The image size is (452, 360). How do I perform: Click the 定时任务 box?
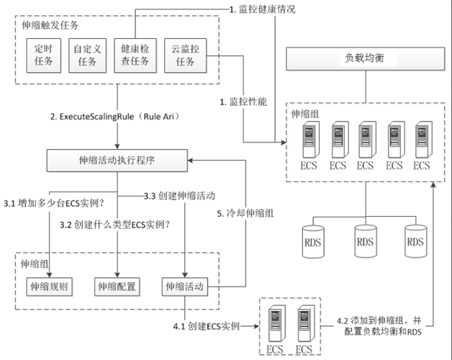coord(44,55)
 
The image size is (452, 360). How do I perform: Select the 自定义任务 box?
coord(88,55)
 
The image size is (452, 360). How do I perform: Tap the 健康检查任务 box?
coord(134,55)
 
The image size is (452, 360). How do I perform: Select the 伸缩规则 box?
coord(49,286)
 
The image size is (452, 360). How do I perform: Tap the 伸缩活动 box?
coord(184,286)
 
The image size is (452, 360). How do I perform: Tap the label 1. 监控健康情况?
coord(262,9)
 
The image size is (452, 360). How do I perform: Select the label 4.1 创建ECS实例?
coord(207,326)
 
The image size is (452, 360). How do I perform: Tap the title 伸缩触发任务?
coord(50,25)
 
